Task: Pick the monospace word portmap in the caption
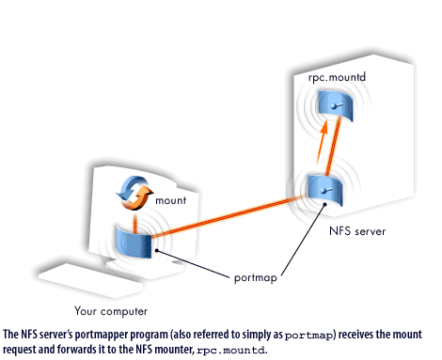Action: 308,334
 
